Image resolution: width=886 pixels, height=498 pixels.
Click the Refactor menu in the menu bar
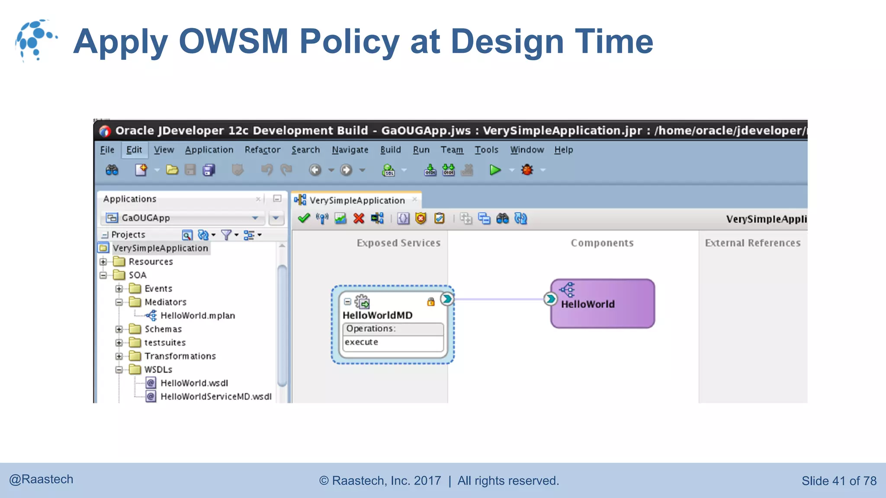point(262,150)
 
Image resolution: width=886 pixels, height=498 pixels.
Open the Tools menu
point(486,150)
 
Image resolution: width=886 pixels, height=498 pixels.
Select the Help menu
point(563,150)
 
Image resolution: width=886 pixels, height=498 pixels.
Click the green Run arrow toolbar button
point(495,170)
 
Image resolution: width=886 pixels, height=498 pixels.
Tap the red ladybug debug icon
point(527,170)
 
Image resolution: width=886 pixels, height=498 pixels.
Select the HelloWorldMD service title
point(377,315)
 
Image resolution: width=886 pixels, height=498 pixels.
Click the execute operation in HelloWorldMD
point(362,342)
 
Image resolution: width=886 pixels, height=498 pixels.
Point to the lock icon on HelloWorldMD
point(430,302)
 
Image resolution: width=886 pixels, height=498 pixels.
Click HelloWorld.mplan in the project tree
point(197,316)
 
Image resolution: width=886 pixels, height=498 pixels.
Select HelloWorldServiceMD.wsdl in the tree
point(216,396)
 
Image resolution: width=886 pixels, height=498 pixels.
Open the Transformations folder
point(180,356)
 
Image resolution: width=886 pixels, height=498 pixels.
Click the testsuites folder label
point(165,342)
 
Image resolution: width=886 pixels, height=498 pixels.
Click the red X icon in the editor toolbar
point(359,219)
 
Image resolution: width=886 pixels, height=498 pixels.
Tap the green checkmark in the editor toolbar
point(304,219)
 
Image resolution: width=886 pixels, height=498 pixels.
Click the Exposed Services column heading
point(398,243)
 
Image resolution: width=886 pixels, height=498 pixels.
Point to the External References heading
point(753,243)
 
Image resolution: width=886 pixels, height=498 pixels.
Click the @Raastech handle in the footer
point(42,479)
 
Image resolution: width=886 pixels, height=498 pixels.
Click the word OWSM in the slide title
point(233,41)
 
